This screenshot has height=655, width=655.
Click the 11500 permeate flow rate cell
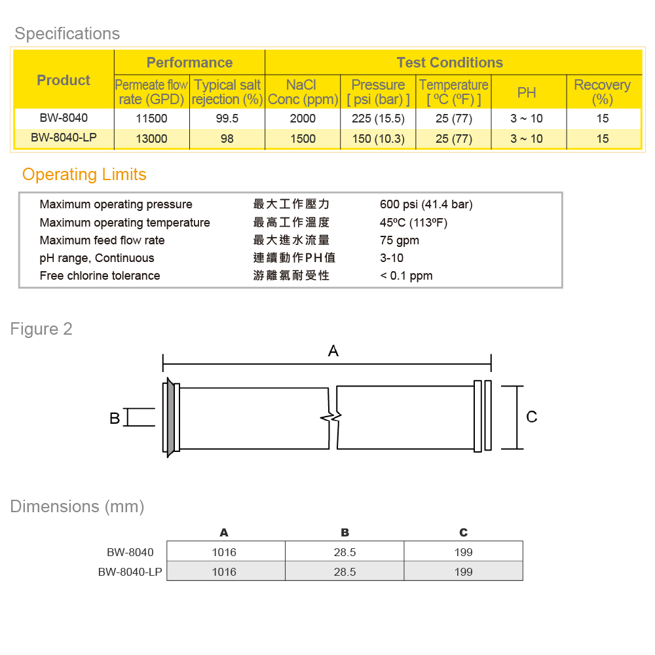click(x=152, y=119)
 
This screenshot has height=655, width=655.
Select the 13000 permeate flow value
click(x=152, y=139)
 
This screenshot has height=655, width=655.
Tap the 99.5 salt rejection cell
click(x=227, y=119)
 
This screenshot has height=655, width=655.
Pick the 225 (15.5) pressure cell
click(x=378, y=119)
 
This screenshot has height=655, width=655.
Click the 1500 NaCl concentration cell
click(x=302, y=139)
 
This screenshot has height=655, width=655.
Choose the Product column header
click(x=64, y=81)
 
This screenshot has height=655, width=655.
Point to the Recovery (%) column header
click(x=602, y=92)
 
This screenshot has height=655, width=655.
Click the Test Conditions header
click(x=450, y=63)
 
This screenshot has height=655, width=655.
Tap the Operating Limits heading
click(x=84, y=175)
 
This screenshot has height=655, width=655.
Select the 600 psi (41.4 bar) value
click(x=426, y=204)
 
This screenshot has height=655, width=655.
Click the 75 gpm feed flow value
click(x=400, y=240)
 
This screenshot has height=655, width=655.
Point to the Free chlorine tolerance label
click(x=100, y=276)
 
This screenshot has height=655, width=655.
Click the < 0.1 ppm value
click(x=406, y=276)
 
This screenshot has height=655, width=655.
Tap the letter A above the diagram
click(x=333, y=351)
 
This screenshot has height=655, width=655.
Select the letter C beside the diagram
click(x=532, y=417)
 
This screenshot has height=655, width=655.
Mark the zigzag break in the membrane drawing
click(x=333, y=417)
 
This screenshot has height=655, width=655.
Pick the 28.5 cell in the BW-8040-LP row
click(x=345, y=572)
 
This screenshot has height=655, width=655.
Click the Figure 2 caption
click(x=41, y=329)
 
